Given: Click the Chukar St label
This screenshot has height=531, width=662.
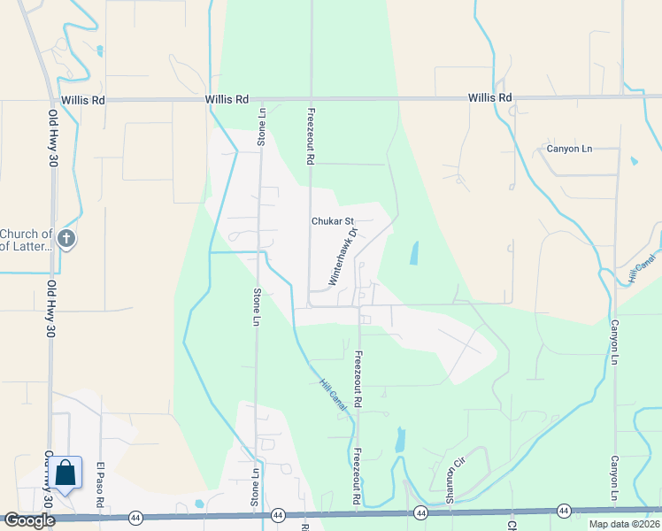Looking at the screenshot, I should click(332, 221).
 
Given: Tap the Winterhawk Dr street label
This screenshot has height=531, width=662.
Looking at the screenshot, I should click(342, 257).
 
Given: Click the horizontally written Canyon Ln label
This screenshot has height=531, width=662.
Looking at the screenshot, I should click(568, 149).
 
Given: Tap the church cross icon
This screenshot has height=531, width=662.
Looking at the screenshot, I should click(66, 238).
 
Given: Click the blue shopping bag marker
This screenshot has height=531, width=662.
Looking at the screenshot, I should click(65, 473).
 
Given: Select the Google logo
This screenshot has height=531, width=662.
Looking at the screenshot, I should click(28, 520).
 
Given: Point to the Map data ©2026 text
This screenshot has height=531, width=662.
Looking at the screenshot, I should click(623, 524).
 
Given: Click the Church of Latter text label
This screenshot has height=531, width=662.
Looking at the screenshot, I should click(26, 240).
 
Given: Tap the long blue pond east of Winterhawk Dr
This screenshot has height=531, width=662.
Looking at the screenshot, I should click(414, 254).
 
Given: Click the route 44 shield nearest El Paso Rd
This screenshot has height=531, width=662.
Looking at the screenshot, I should click(135, 516).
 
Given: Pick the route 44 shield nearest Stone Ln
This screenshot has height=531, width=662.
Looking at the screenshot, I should click(278, 514).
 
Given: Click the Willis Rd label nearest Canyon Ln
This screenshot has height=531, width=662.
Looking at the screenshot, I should click(490, 97).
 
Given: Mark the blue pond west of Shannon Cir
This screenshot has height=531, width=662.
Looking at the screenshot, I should click(400, 439).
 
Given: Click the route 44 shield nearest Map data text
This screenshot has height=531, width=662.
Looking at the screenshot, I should click(563, 511).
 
